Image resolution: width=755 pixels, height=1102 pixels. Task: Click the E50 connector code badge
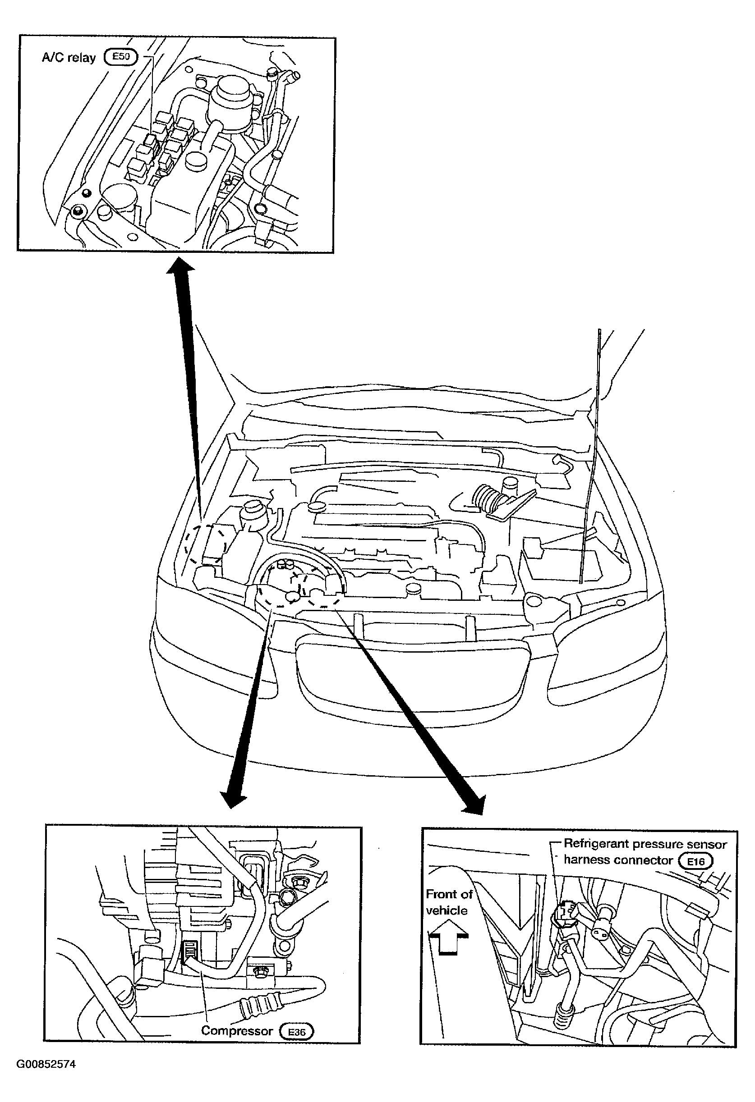(120, 57)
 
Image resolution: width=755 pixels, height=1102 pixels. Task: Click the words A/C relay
(69, 58)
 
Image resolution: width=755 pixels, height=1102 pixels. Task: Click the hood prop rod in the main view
(590, 456)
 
